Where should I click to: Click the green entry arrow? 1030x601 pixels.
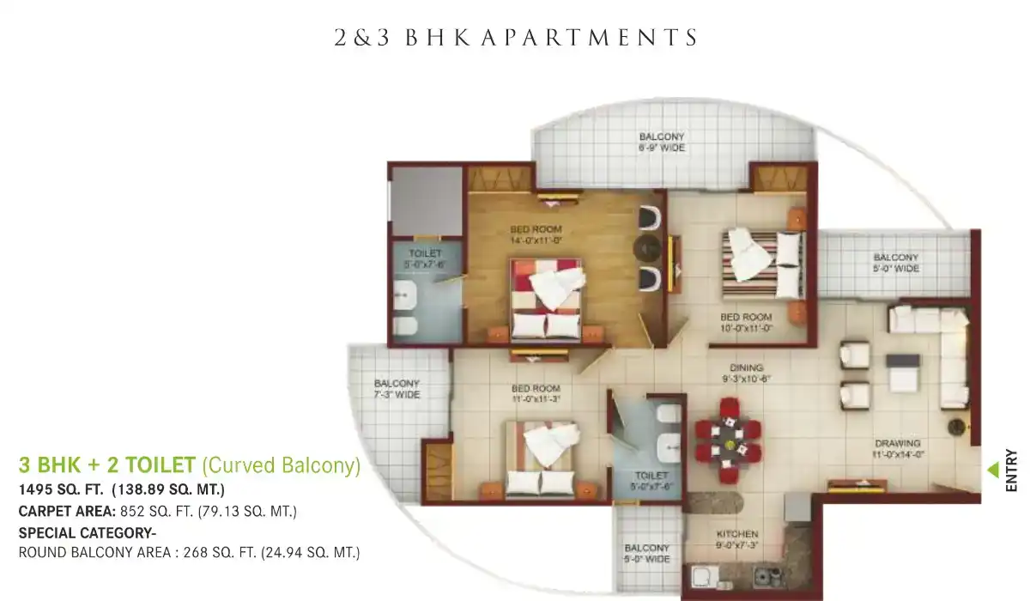pos(994,470)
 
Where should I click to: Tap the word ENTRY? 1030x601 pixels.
pos(1011,470)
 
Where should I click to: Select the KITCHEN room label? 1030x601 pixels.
pos(737,534)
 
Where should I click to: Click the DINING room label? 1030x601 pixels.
pos(746,367)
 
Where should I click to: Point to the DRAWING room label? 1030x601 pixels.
pos(898,443)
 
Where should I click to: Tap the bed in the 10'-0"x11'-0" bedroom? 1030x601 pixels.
pos(763,264)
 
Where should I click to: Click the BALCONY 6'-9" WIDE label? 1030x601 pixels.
pos(662,142)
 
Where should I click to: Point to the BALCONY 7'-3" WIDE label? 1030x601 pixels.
pos(397,389)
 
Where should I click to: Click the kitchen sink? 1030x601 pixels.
pos(706,577)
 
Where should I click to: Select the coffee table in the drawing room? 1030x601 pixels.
pos(903,373)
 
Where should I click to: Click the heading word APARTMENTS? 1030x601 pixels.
pos(591,38)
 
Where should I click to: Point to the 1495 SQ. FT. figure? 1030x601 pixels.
pos(61,489)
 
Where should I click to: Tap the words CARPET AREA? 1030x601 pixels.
pos(67,512)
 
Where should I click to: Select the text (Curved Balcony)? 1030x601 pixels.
pos(282,465)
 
